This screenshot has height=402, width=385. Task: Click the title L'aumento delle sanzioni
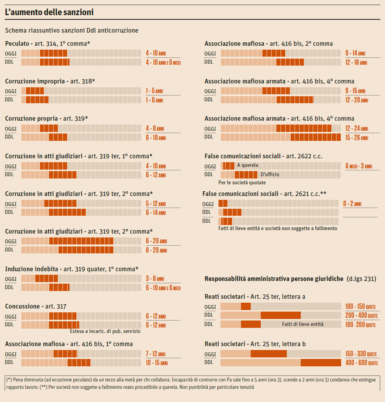[49, 12]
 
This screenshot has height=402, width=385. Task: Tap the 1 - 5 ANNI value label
[154, 91]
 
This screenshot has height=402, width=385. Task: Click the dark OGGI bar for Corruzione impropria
[35, 91]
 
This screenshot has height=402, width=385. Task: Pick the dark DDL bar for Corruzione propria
[58, 137]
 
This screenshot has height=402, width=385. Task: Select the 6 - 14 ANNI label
[156, 213]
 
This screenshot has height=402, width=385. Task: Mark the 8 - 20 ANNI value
[156, 250]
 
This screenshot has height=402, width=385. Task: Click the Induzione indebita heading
[71, 269]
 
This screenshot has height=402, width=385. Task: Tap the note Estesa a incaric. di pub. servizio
[105, 332]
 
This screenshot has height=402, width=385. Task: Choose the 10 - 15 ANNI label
[157, 363]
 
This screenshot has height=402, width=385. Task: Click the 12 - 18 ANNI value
[356, 62]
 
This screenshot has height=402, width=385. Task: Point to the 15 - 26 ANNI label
[356, 137]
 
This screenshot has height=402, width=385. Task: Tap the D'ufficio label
[270, 175]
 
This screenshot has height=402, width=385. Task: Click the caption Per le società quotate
[242, 183]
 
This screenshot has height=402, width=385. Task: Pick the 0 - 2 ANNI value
[352, 204]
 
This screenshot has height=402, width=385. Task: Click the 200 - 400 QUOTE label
[361, 315]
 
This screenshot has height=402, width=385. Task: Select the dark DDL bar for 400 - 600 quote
[321, 363]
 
